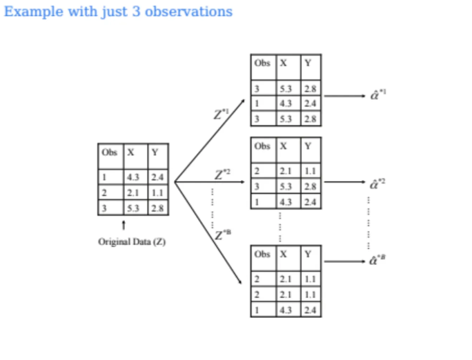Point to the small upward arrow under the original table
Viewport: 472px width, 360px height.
click(123, 225)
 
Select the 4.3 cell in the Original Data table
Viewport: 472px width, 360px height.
click(132, 177)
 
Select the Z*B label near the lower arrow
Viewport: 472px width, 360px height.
click(222, 234)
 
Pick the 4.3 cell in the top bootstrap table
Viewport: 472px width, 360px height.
click(285, 103)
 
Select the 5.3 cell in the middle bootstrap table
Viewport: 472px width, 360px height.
click(285, 186)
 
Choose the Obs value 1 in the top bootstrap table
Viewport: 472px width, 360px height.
click(257, 103)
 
